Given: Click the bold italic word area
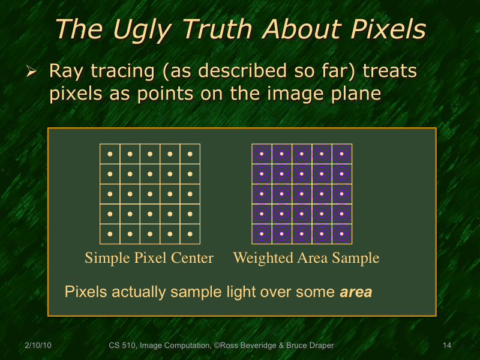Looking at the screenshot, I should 356,293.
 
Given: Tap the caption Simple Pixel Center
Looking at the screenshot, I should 149,258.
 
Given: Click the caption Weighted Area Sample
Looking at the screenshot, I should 306,258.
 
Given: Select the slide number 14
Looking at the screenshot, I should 446,345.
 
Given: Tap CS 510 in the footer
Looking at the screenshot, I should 122,345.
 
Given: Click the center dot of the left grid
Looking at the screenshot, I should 150,194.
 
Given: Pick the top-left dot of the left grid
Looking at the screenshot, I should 110,154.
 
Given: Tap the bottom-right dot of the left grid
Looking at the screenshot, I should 190,233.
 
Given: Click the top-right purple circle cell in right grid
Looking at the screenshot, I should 342,154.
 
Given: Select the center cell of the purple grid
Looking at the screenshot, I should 302,194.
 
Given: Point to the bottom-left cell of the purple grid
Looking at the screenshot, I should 262,233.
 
